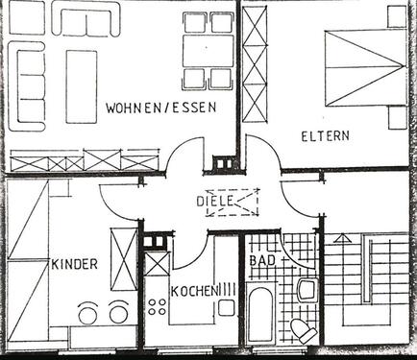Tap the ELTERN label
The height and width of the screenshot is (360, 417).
tap(326, 135)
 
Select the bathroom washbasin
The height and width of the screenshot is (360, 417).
tap(307, 288)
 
